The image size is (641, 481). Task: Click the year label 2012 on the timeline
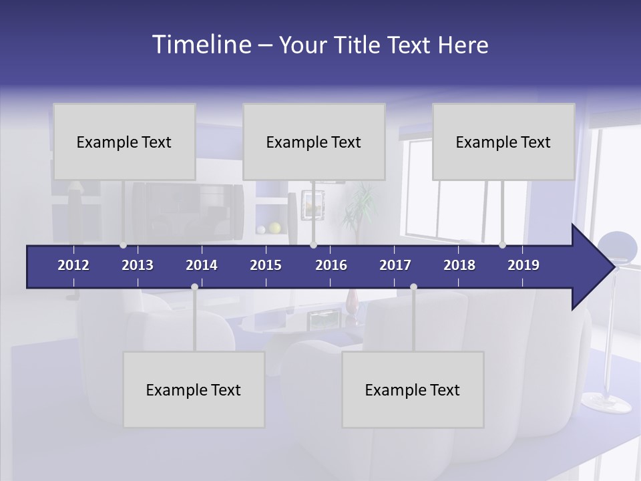click(x=73, y=265)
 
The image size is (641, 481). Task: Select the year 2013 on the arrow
click(x=138, y=265)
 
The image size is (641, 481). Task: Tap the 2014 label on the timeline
click(x=202, y=265)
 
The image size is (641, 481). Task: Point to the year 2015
click(x=266, y=265)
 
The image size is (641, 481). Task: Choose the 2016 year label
click(x=331, y=265)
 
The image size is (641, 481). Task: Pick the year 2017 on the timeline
click(x=395, y=265)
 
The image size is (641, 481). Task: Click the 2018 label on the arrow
click(x=459, y=265)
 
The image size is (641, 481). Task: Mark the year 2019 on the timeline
click(x=523, y=265)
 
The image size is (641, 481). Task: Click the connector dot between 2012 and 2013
click(x=123, y=245)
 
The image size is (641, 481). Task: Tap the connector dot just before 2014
click(x=194, y=287)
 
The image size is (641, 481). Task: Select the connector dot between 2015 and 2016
click(x=313, y=245)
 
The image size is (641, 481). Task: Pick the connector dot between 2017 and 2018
click(x=413, y=287)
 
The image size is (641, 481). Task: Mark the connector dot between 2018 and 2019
click(x=502, y=245)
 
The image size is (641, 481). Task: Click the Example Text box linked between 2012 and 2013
click(x=124, y=142)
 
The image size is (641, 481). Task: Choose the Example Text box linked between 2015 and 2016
click(x=314, y=142)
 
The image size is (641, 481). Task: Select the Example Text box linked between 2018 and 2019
click(x=503, y=142)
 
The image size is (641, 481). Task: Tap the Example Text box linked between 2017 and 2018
click(x=413, y=389)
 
